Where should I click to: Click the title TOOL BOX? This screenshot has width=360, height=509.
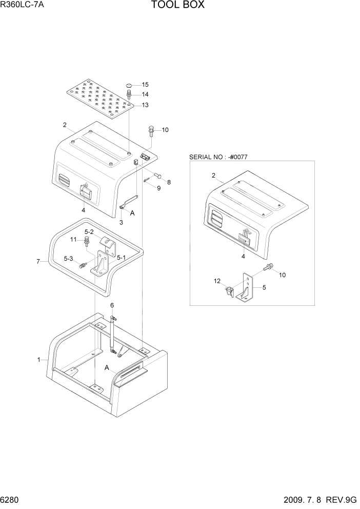[178, 6]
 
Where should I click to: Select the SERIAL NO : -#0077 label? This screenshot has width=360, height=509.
[218, 156]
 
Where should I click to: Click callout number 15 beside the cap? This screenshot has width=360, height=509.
[145, 85]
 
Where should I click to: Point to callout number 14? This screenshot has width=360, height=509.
[145, 95]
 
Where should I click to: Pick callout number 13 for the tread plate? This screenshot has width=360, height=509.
[145, 105]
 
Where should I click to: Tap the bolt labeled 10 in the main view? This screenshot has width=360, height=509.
[151, 132]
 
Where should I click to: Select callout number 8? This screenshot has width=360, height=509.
[169, 182]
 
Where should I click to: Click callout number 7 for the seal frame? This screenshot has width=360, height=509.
[38, 262]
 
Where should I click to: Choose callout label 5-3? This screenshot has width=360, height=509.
[68, 258]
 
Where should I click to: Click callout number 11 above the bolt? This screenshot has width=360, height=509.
[73, 240]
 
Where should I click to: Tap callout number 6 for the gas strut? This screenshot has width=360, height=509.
[112, 305]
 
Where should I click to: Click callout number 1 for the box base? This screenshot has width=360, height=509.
[38, 360]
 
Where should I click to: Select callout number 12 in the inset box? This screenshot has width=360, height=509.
[217, 281]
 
